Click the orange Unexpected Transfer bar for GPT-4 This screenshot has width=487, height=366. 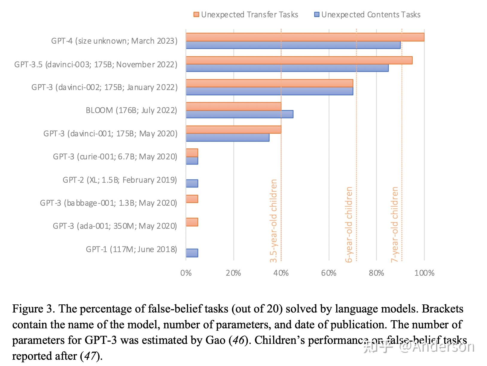coord(305,37)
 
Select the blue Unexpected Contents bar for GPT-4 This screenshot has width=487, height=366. coord(293,45)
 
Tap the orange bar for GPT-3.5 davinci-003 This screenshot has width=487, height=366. coord(299,60)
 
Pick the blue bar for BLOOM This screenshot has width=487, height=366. coord(239,114)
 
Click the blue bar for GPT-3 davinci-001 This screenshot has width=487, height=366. coord(227,137)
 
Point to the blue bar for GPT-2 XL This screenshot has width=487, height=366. coord(192,183)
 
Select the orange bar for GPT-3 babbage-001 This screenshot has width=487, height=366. coord(192,199)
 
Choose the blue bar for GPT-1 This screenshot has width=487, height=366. coord(192,253)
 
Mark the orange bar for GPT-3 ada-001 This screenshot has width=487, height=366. coord(192,222)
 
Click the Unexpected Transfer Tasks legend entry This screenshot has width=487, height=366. coord(246,15)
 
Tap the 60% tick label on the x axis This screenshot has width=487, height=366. coord(329,273)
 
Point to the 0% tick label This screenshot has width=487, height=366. coord(186,273)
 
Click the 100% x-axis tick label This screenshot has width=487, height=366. coord(424,273)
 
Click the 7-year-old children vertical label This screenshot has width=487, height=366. coord(395,224)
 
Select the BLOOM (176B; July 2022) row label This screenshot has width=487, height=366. coord(131,110)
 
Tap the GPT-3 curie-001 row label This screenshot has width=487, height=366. coord(115,157)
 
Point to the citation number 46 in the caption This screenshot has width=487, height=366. coord(238,340)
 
